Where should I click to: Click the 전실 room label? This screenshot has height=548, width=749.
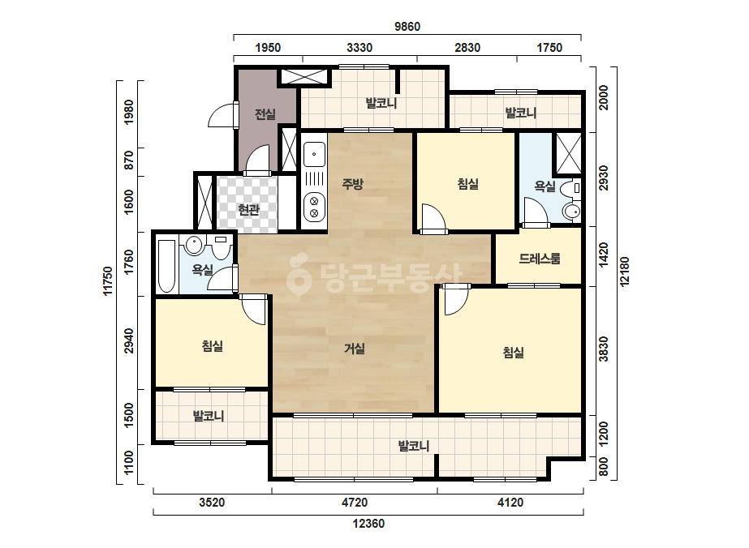(x=265, y=114)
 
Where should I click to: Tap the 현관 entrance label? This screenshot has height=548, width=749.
(x=248, y=210)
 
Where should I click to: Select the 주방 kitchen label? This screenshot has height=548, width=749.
(x=352, y=184)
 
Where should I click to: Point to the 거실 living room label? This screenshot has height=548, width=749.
(x=355, y=349)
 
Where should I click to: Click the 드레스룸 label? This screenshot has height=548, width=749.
(x=540, y=259)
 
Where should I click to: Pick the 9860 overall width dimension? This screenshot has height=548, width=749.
(x=407, y=27)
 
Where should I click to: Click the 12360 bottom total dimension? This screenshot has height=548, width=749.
(x=368, y=524)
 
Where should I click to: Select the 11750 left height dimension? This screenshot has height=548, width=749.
(x=109, y=281)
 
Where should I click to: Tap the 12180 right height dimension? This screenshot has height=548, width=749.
(x=624, y=272)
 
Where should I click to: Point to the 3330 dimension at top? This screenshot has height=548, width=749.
(x=359, y=48)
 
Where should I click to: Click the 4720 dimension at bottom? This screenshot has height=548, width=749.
(x=355, y=503)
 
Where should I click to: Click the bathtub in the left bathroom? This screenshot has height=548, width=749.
(x=166, y=266)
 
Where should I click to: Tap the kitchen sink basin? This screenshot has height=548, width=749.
(x=314, y=153)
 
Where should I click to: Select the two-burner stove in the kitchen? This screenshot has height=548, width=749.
(x=314, y=207)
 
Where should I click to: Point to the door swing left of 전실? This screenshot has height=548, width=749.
(x=223, y=115)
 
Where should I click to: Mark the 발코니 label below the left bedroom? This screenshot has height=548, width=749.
(x=209, y=416)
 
